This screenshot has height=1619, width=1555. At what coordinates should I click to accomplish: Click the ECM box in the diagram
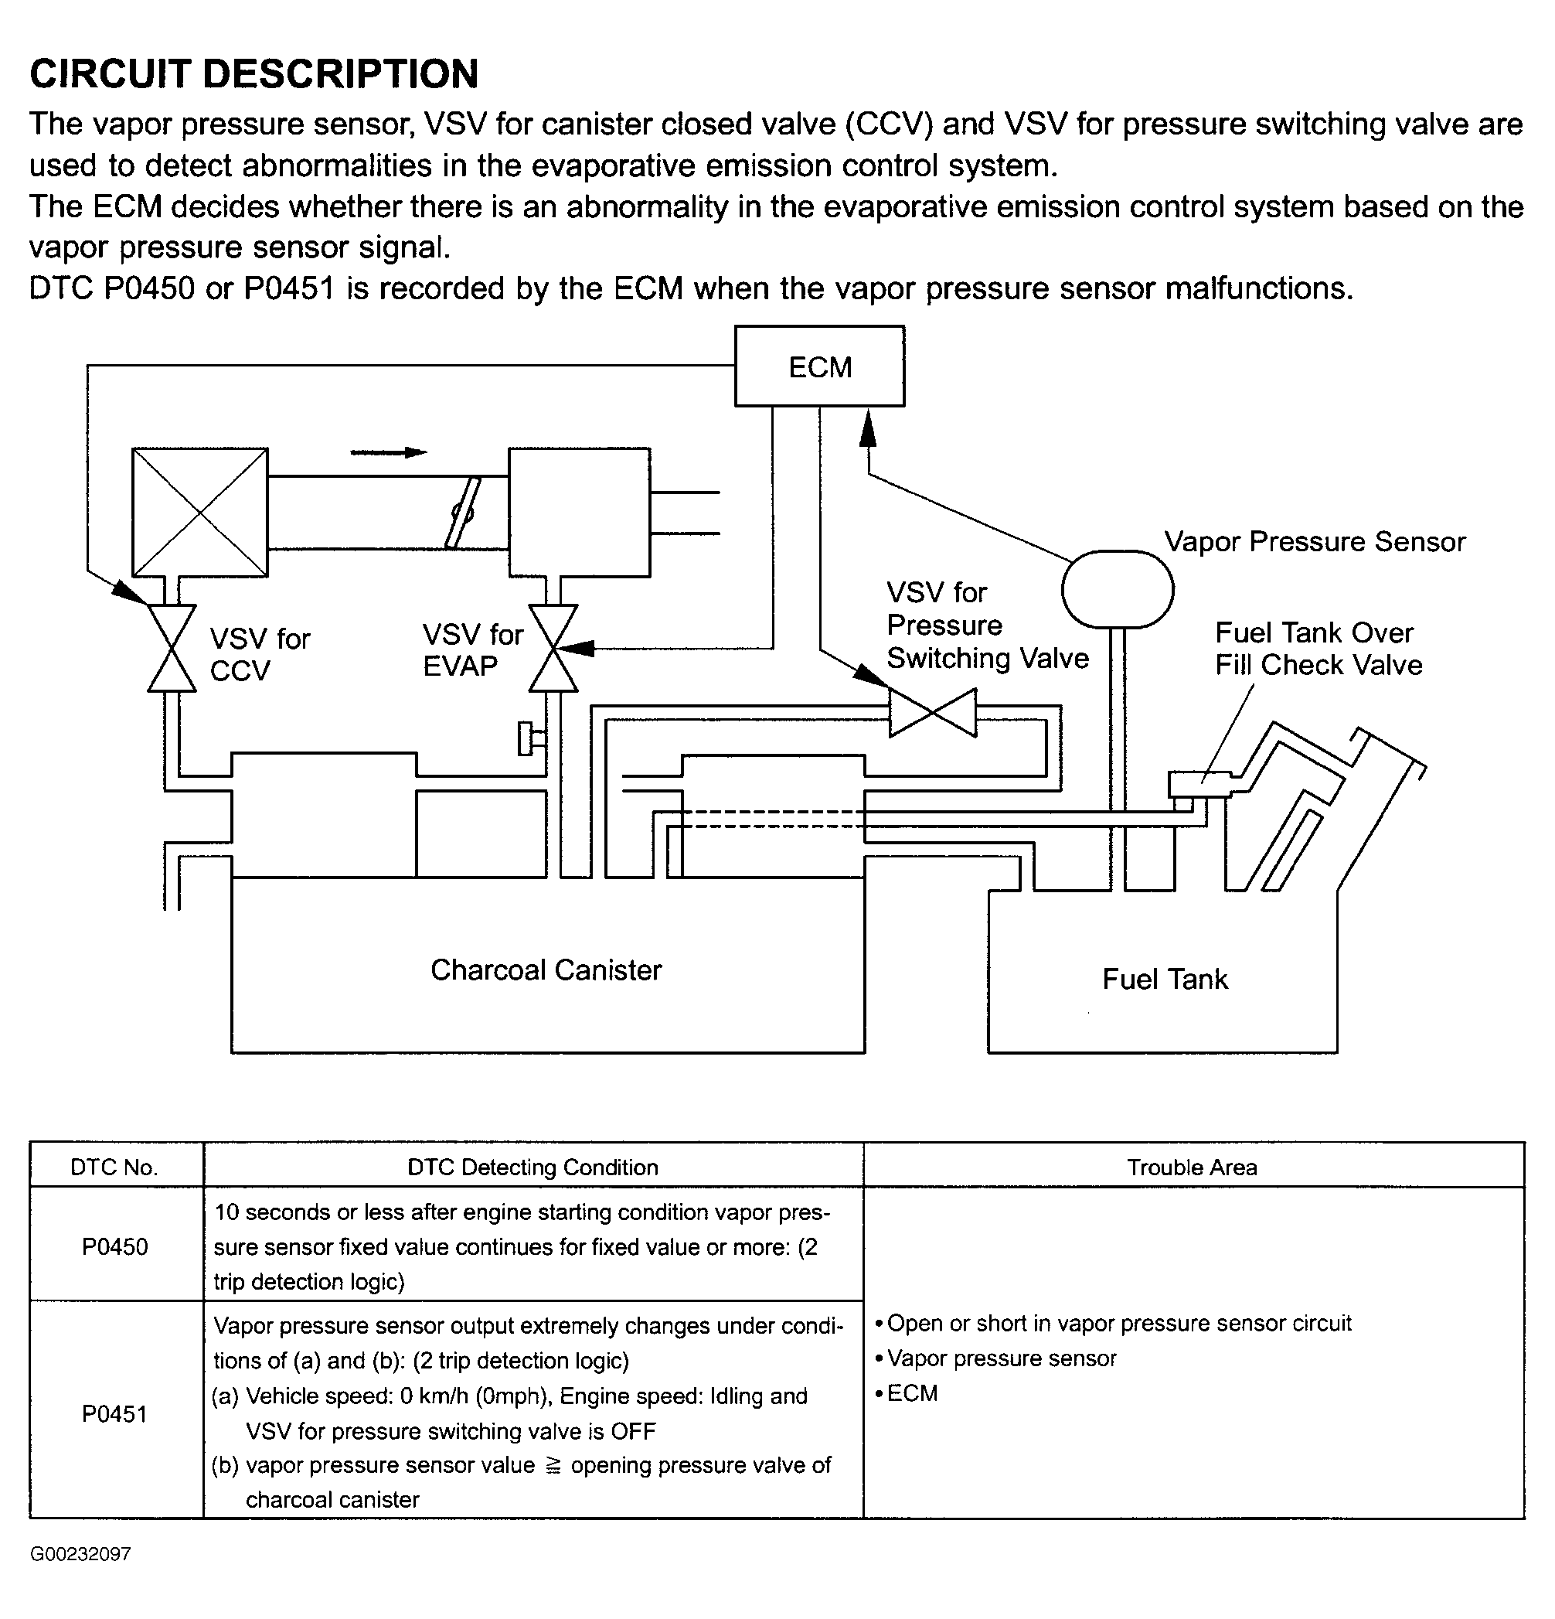point(819,366)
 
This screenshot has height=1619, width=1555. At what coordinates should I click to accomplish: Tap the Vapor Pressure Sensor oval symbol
point(1118,590)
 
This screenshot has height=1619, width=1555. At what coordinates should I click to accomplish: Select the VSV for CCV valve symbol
point(172,648)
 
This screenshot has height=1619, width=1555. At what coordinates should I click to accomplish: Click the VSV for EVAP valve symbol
point(553,648)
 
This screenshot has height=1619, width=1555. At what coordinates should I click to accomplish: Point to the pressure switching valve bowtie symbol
point(932,713)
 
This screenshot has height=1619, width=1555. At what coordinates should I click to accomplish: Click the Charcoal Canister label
point(546,970)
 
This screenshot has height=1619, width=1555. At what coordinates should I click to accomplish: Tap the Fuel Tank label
point(1165,979)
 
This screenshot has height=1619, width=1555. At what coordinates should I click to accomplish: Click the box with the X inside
point(200,512)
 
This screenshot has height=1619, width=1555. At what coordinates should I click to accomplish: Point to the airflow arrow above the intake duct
point(388,452)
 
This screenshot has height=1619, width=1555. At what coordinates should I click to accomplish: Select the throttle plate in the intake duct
point(461,513)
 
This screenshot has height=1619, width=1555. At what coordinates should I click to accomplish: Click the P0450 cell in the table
point(115,1246)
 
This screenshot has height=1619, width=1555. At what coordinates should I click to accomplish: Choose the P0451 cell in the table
point(115,1413)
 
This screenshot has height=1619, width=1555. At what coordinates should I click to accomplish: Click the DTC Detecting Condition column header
point(533,1167)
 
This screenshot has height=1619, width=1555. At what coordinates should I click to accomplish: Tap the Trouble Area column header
point(1192,1167)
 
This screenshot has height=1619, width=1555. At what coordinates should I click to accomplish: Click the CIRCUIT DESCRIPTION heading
point(253,73)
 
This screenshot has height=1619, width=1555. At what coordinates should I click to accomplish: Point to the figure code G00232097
point(80,1554)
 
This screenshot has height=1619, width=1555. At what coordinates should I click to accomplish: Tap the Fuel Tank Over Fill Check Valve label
point(1318,649)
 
